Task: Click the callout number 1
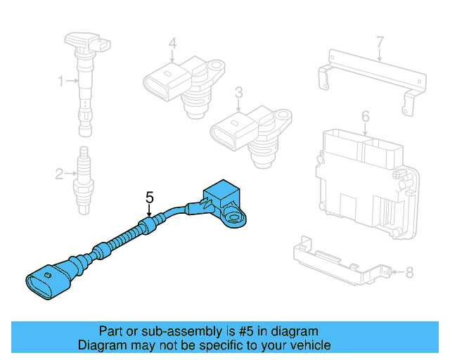click(60, 82)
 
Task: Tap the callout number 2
click(60, 173)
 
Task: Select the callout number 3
click(238, 92)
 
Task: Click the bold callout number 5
click(149, 198)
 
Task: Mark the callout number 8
click(411, 271)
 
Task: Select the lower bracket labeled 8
click(337, 260)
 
